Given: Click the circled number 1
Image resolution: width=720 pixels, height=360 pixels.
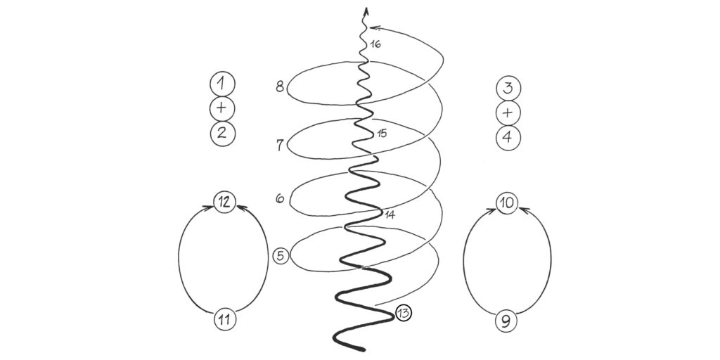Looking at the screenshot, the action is tap(222, 84).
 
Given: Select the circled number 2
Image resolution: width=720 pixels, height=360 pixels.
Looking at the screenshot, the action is tap(222, 134).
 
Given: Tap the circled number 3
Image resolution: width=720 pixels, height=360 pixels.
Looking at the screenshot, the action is tap(508, 89).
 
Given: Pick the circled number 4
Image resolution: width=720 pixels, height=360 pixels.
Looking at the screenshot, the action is tap(508, 138).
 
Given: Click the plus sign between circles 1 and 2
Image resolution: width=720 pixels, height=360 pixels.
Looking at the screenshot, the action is tap(222, 108).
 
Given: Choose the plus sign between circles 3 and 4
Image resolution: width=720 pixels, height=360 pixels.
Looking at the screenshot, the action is tap(508, 113).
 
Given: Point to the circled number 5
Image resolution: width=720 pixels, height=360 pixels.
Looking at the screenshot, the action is tap(281, 256).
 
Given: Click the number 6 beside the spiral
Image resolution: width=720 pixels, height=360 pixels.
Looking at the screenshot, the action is tap(280, 199).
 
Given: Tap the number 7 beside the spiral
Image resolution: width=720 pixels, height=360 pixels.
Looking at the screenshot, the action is tap(280, 145).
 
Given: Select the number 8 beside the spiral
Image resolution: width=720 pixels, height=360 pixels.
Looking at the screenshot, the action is tap(280, 86).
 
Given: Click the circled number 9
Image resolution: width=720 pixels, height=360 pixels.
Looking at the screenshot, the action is tap(506, 321).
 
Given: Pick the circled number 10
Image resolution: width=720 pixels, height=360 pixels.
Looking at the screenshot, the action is tap(507, 203).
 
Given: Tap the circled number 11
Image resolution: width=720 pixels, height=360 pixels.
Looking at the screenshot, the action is tap(225, 319).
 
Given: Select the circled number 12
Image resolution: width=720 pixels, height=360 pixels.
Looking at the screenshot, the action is tap(224, 202).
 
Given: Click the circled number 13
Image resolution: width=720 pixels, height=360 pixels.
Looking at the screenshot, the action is tap(403, 313).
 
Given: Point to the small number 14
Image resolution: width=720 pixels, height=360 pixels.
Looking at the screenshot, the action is tap(390, 214).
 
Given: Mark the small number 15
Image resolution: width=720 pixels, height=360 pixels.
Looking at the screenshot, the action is tap(382, 134).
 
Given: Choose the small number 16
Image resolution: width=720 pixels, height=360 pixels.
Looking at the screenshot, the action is tap(375, 44).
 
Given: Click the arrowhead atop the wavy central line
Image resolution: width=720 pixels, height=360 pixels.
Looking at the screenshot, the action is tap(366, 11).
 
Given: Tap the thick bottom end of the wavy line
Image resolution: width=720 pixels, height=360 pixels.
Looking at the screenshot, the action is tap(363, 349).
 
